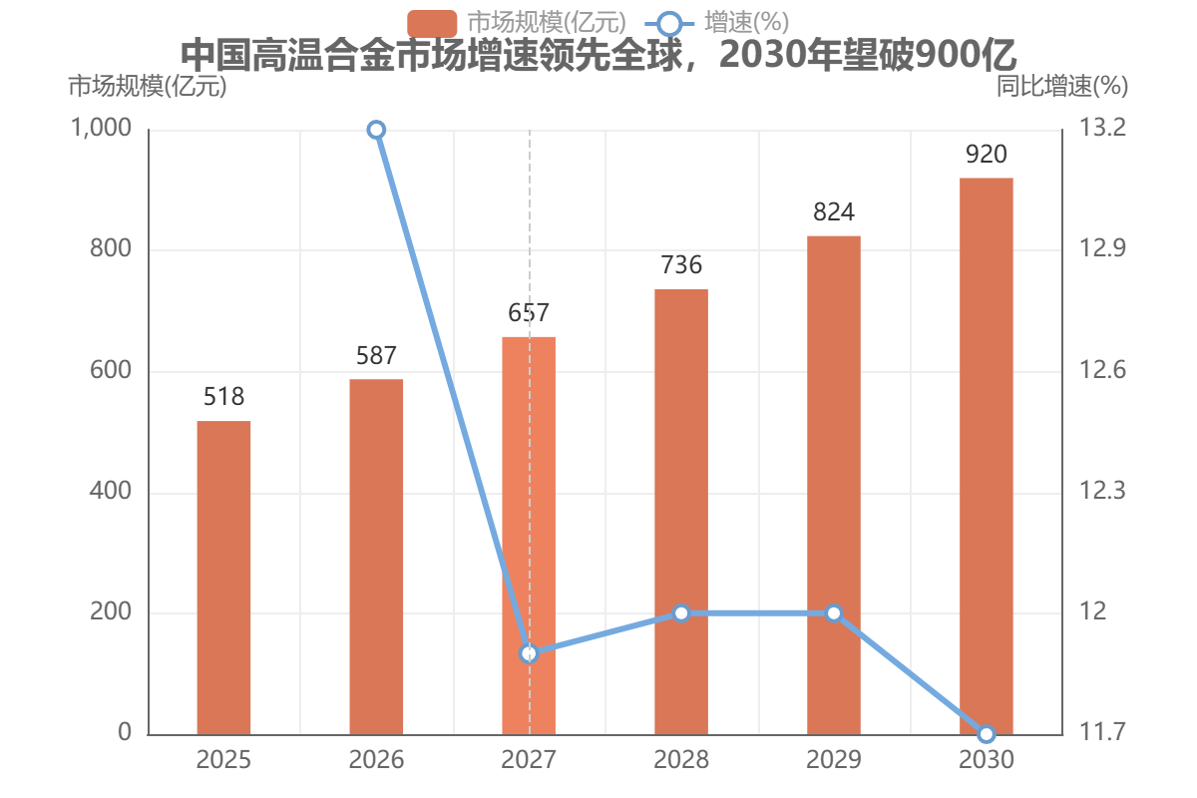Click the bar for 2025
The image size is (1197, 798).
click(223, 578)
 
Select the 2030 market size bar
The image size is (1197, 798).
click(987, 457)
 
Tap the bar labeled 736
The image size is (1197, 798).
click(681, 512)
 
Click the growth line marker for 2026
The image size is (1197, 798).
click(376, 130)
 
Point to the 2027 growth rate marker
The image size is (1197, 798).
click(529, 653)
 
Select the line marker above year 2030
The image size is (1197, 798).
click(987, 734)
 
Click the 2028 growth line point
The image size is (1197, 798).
click(681, 613)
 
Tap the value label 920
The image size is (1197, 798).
click(987, 155)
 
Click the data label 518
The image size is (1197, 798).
click(223, 397)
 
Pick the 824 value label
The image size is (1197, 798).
click(834, 212)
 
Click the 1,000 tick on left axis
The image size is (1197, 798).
click(101, 128)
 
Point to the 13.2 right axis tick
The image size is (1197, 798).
click(1102, 128)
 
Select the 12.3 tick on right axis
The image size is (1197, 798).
click(1102, 491)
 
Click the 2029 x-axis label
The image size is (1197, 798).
click(834, 759)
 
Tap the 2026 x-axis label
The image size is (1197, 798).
click(376, 759)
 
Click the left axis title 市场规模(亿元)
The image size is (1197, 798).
click(148, 86)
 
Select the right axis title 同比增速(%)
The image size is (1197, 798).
click(1062, 86)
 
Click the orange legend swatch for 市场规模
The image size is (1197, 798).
click(432, 24)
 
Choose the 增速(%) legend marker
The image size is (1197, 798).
click(669, 24)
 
